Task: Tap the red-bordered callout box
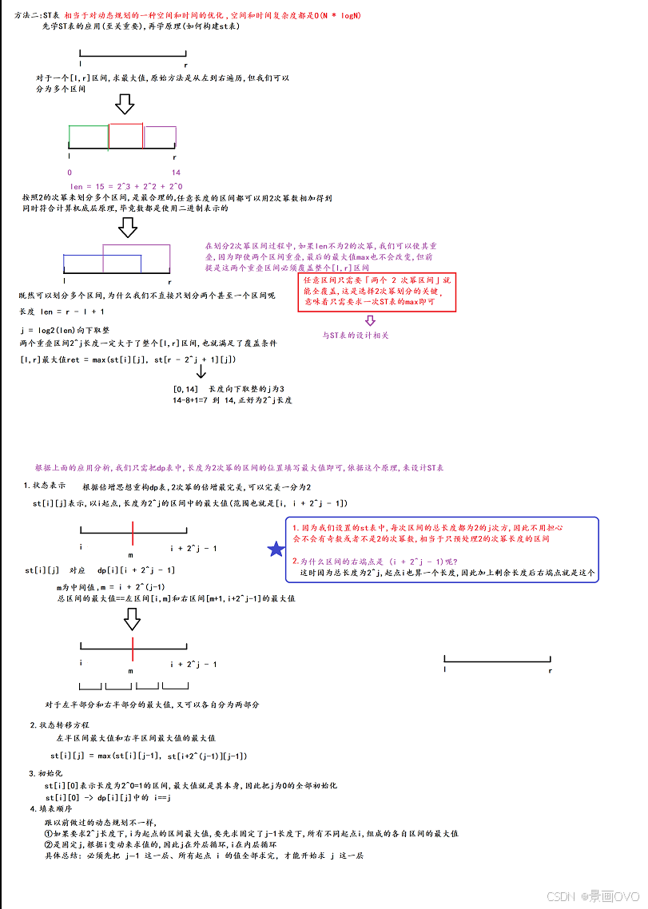coord(376,292)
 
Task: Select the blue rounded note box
coord(441,550)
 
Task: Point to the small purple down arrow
coord(370,320)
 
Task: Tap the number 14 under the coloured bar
coord(176,173)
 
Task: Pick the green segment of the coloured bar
coord(89,137)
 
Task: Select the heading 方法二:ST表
coord(37,16)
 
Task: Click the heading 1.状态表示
coord(46,486)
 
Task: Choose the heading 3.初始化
coord(46,774)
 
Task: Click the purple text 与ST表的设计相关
coord(356,336)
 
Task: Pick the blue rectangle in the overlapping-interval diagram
coord(102,264)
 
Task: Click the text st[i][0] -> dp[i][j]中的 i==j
coord(109,797)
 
